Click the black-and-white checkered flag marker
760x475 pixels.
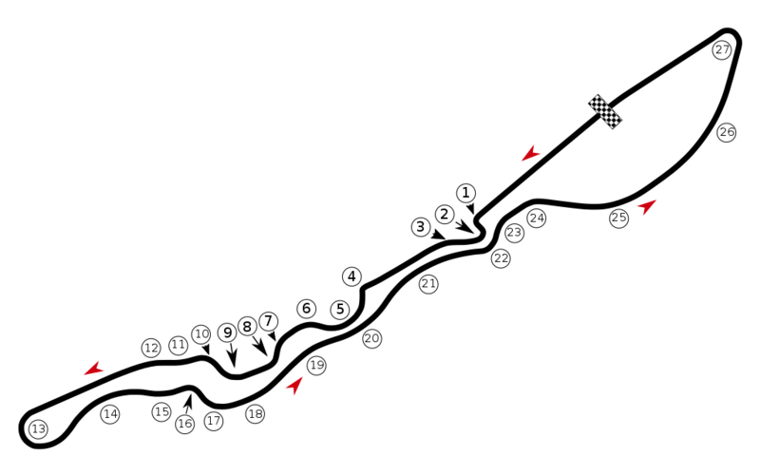coord(605,111)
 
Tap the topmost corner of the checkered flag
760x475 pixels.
coord(598,94)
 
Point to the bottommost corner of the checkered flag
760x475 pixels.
coord(614,129)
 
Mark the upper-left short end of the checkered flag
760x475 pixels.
coord(593,98)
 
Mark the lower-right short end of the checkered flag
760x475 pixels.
coord(617,125)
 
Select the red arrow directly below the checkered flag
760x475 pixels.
coord(647,206)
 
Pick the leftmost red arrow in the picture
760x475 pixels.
coord(93,370)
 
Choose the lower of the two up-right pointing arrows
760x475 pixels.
coord(294,384)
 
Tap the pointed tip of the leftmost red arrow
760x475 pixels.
coord(82,376)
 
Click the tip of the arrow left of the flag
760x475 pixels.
coord(520,163)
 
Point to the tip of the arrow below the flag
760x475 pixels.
coord(658,199)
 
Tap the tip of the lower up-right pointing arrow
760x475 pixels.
coord(303,375)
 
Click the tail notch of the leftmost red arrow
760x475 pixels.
coord(96,369)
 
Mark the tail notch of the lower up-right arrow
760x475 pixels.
coord(293,386)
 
